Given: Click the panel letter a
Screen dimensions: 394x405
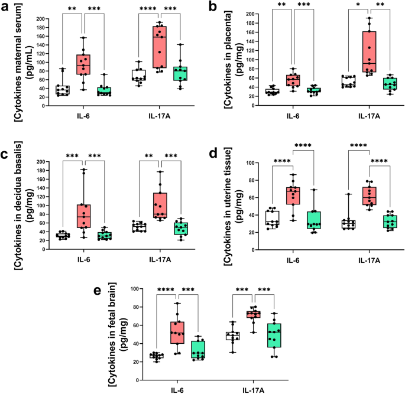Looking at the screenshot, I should (x=7, y=7).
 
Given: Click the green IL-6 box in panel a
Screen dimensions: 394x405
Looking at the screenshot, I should (x=105, y=91).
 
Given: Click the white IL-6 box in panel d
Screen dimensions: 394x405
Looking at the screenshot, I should (x=273, y=219).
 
